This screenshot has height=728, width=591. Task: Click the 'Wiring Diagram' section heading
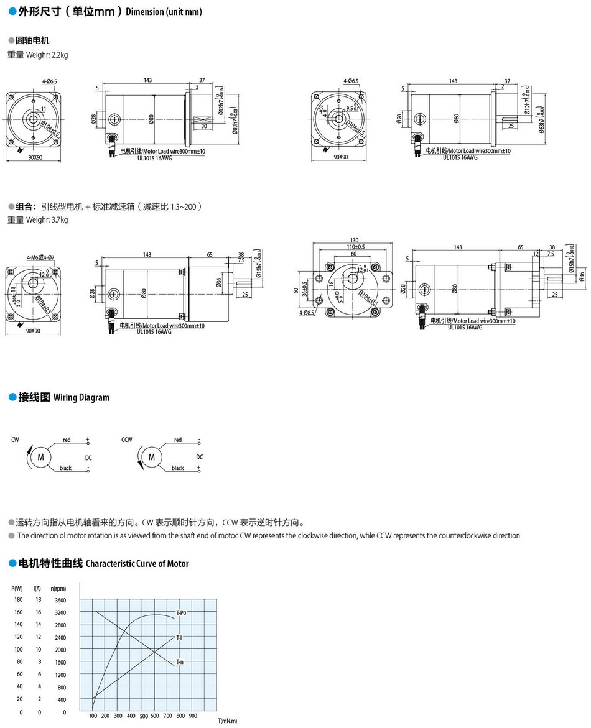point(81,398)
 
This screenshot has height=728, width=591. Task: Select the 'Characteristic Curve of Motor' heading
point(136,564)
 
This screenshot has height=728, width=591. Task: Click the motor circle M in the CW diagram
point(41,458)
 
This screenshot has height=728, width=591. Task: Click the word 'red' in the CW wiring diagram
point(67,440)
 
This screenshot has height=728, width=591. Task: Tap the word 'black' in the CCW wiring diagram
point(178,468)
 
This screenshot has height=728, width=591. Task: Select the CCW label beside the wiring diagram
point(127,440)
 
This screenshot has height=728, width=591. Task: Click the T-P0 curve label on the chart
point(181,613)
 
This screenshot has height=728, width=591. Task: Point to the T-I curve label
point(179,638)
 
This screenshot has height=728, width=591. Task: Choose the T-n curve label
point(179,661)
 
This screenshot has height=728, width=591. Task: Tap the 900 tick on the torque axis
point(193,716)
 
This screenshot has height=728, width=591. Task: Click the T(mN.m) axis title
point(228,721)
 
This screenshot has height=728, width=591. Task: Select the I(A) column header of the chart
point(37,588)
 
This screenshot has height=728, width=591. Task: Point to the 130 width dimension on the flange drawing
point(354,241)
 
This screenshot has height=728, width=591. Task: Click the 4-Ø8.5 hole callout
point(305,313)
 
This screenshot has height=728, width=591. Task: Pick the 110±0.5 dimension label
point(356,247)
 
